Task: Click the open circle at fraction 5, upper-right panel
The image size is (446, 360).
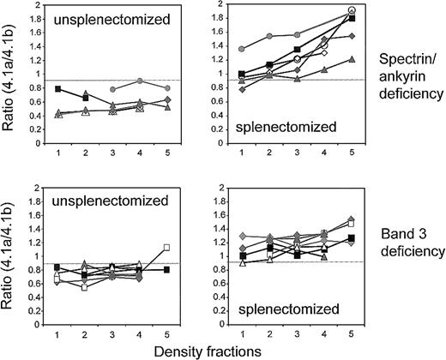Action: click(353, 11)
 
